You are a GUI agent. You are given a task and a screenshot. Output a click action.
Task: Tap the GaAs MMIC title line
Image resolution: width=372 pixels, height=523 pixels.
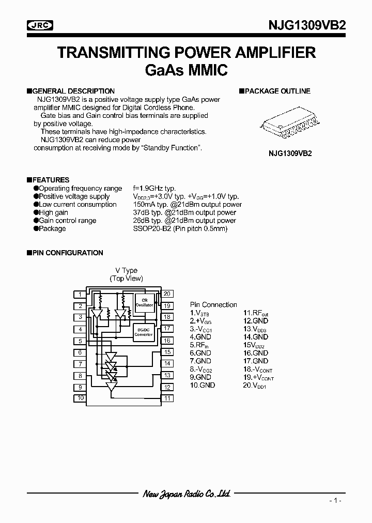186,70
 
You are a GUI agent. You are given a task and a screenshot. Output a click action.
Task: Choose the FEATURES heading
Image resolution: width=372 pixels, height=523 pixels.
51,180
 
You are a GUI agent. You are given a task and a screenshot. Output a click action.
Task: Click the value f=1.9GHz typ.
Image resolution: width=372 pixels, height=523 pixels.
156,189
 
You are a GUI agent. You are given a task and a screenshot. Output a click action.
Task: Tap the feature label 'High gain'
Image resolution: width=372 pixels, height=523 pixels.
53,212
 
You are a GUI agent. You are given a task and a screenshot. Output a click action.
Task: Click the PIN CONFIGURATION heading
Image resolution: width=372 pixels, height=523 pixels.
68,253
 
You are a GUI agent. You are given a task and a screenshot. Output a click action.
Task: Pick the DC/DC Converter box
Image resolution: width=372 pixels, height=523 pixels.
144,332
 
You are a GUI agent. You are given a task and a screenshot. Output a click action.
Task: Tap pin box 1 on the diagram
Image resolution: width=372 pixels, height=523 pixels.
80,295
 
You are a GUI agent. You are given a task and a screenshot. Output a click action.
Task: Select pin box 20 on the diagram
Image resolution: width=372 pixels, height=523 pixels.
167,294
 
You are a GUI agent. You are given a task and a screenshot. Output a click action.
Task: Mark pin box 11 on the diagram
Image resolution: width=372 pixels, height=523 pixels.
167,398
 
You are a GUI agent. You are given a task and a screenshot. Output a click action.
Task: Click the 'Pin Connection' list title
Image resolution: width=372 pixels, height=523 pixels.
213,305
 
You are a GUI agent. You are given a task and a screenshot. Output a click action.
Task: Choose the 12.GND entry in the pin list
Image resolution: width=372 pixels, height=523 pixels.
256,321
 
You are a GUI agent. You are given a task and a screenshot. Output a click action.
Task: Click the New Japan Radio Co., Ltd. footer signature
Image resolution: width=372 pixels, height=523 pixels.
186,494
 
